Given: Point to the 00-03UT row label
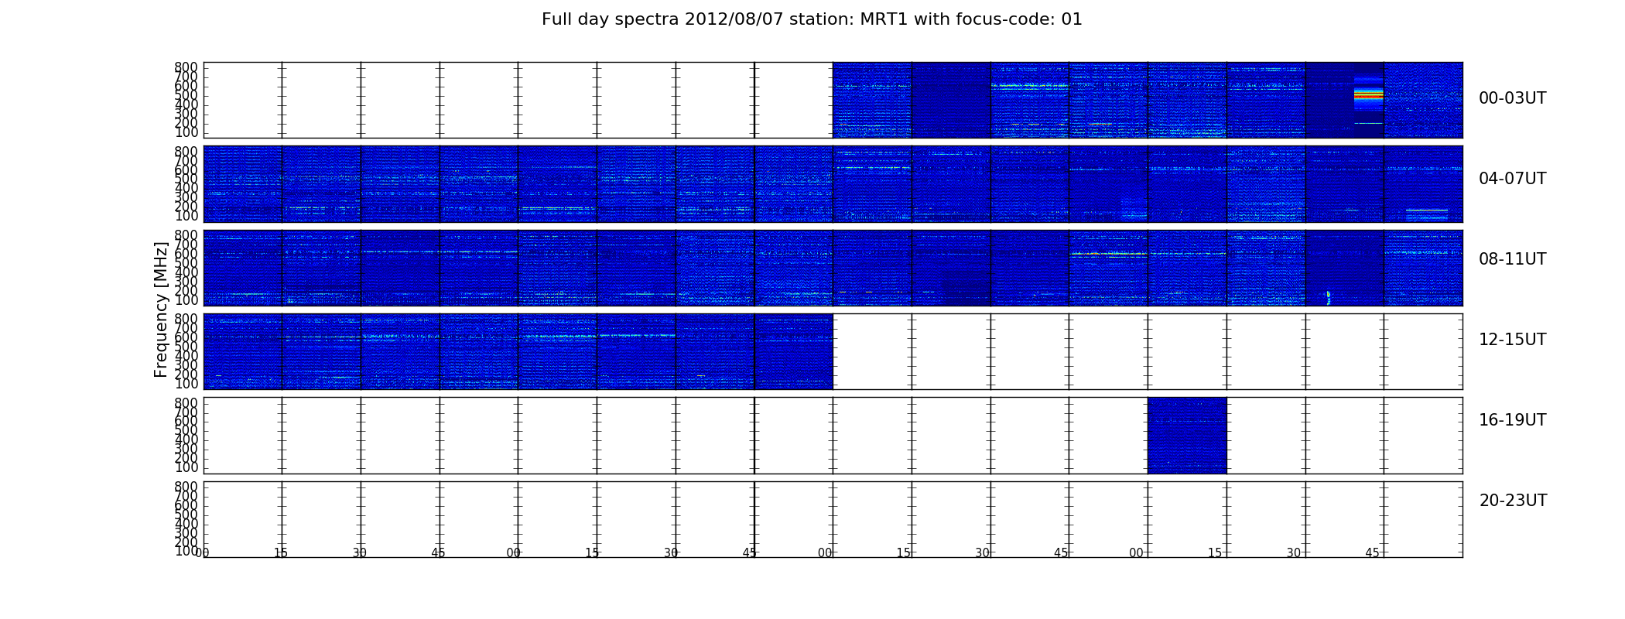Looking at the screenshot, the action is [1512, 98].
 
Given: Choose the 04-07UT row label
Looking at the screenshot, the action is [1512, 179].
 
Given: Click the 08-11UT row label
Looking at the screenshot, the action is [1512, 259].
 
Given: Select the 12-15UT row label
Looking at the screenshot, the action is [1512, 340].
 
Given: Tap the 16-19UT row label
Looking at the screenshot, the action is [1512, 420].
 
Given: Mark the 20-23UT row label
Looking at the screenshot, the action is [1513, 501].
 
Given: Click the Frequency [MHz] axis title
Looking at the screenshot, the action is [161, 309].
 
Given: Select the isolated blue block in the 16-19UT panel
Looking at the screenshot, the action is [1187, 435].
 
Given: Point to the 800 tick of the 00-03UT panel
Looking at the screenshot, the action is [186, 67].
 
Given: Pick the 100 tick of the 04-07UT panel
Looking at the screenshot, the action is [186, 216].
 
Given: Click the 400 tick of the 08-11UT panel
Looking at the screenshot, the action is [186, 272].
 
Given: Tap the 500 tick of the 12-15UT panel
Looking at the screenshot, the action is [186, 346].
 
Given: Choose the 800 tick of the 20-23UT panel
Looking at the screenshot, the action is [186, 487].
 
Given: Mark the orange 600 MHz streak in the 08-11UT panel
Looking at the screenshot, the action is [1108, 254].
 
